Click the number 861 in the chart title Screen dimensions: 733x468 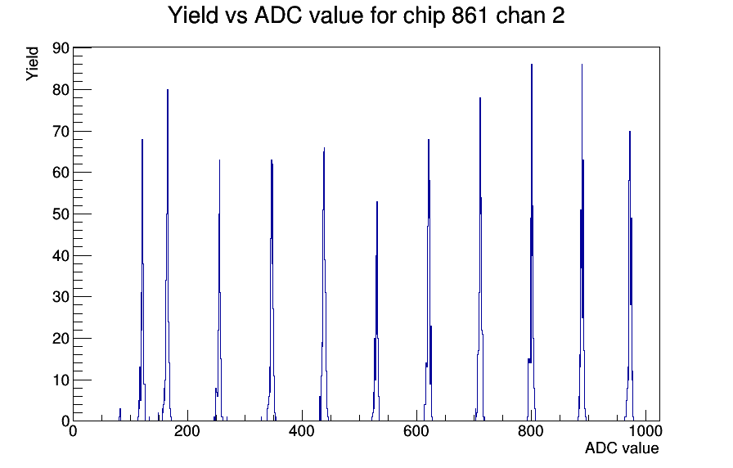coord(470,16)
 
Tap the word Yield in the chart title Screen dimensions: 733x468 coord(193,16)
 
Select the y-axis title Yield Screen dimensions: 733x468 coord(32,64)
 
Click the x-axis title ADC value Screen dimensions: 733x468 coord(622,448)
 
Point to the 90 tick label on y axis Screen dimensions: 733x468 coord(61,47)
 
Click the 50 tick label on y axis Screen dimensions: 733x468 coord(61,214)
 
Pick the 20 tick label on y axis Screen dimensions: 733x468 coord(61,339)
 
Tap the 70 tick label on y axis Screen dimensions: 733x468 coord(61,132)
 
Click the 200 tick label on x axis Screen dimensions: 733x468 coord(187,431)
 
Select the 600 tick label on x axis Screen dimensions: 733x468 coord(416,431)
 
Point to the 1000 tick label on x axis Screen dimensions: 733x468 coord(645,431)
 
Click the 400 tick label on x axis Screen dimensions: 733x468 coord(302,431)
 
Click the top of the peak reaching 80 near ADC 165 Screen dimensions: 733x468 coord(168,89)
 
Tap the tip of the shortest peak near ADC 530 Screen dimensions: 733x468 coord(377,201)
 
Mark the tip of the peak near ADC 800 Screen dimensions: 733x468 coord(532,65)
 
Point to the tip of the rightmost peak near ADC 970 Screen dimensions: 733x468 coord(630,131)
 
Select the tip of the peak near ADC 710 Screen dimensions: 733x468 coord(480,97)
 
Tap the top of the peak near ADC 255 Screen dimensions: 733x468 coord(219,160)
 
